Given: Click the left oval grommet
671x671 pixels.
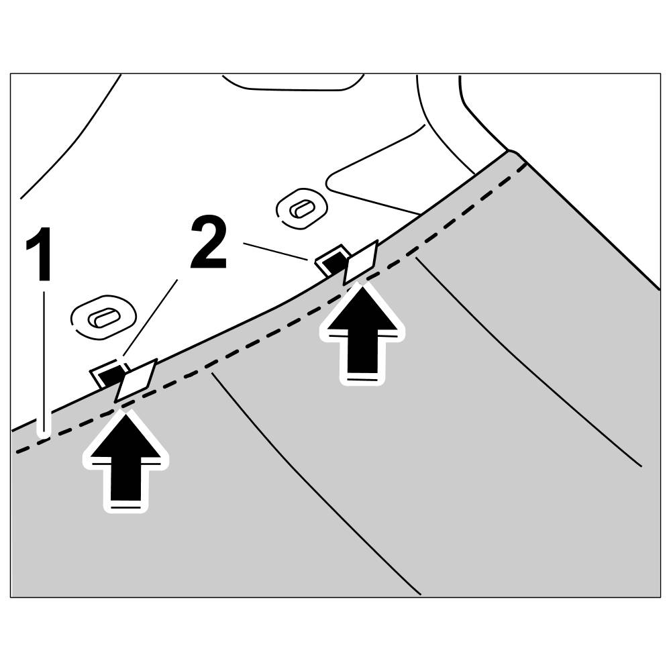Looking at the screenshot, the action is [x=104, y=316].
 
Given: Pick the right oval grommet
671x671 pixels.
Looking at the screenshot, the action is [x=302, y=208].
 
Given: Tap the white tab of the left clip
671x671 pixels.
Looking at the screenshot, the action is [x=136, y=379].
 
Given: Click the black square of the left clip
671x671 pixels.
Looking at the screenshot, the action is [x=107, y=374].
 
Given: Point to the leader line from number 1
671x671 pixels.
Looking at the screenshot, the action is [x=44, y=362].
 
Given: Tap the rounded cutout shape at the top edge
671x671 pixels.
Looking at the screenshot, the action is [x=293, y=82].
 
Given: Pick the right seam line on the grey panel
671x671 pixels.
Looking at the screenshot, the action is [x=530, y=362].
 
